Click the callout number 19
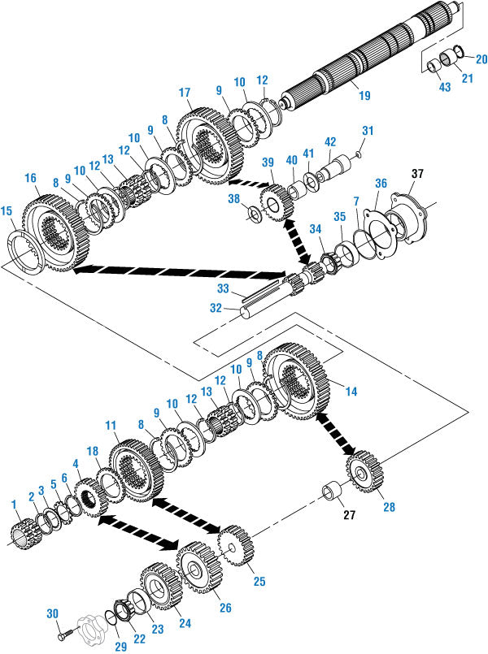click(x=364, y=95)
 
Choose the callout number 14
click(x=351, y=391)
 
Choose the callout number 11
click(x=111, y=425)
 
